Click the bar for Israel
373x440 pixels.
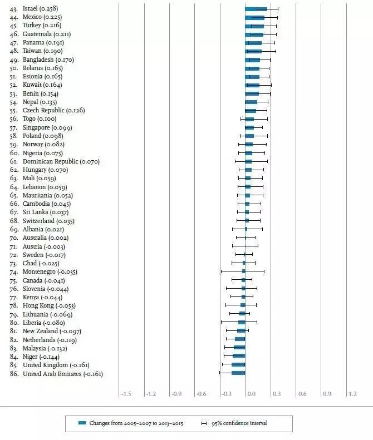(x=256, y=9)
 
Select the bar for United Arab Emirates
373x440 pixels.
(x=238, y=373)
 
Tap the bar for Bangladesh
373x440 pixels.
(x=253, y=60)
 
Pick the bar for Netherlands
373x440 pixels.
(x=240, y=339)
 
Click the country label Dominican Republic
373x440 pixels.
(x=50, y=162)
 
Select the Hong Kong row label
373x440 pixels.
(x=38, y=305)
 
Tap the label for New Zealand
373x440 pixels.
(x=40, y=331)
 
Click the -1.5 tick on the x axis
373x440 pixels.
(x=126, y=394)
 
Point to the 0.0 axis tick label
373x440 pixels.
(x=252, y=394)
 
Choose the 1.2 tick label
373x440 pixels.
(x=352, y=394)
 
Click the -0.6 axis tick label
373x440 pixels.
(x=202, y=394)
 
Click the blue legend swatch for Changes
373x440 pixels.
(x=82, y=423)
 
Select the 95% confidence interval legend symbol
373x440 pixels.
(x=204, y=423)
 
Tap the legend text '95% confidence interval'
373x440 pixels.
(x=239, y=423)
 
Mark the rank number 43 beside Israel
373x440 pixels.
(x=14, y=9)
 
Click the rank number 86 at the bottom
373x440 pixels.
(x=14, y=374)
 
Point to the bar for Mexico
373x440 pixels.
(x=255, y=18)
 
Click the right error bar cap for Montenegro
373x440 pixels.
(x=264, y=271)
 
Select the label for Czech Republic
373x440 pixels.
(x=43, y=110)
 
